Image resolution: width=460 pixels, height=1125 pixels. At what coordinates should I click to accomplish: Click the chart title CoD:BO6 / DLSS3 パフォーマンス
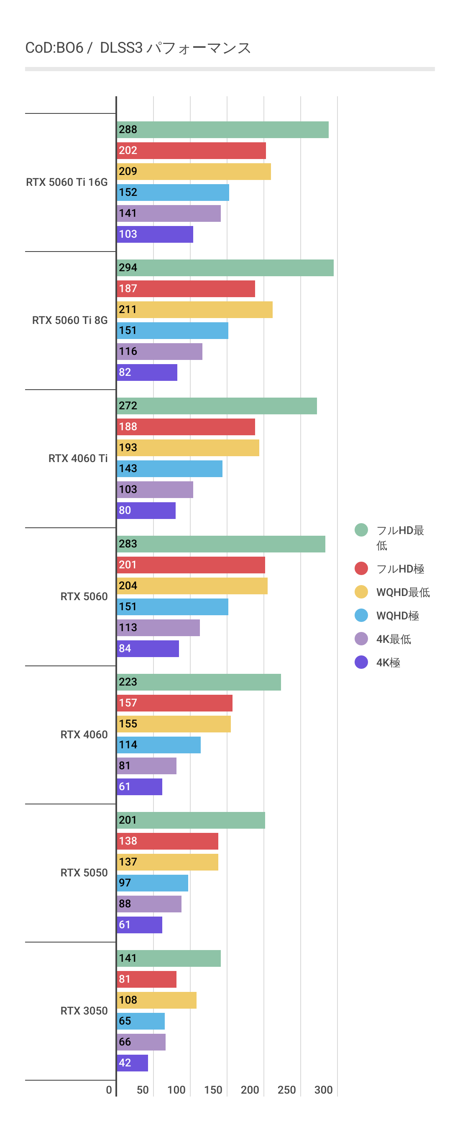[138, 48]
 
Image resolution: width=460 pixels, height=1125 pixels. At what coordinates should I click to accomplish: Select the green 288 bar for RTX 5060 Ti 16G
[222, 130]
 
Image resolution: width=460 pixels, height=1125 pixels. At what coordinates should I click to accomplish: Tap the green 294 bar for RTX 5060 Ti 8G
[225, 268]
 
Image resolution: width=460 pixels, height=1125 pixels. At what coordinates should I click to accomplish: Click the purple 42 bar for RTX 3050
[132, 1063]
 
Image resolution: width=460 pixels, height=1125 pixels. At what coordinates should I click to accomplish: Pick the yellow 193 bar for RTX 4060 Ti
[188, 448]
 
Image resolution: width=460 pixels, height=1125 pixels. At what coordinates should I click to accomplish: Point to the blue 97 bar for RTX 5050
[152, 883]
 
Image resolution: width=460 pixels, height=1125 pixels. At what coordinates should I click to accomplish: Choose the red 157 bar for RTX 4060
[174, 703]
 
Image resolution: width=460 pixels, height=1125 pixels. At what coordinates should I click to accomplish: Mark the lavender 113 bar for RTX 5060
[158, 627]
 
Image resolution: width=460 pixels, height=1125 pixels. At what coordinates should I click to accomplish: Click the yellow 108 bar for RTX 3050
[157, 1000]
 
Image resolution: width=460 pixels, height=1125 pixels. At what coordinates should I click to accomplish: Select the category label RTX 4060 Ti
[78, 458]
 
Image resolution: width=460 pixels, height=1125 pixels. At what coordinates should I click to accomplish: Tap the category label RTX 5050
[84, 872]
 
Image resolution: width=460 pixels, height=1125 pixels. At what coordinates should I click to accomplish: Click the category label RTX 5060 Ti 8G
[70, 320]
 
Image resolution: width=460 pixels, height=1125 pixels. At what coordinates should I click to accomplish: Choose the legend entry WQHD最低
[402, 592]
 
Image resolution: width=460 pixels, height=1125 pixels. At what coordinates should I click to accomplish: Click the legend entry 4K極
[388, 663]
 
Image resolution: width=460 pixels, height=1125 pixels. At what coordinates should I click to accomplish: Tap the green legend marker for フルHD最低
[361, 530]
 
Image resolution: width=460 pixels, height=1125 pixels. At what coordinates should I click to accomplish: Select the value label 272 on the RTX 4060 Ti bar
[128, 406]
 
